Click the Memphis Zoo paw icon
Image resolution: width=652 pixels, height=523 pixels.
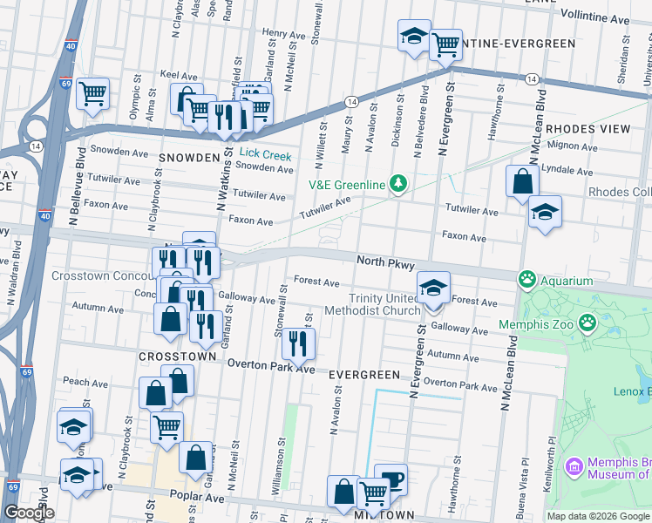[588, 324]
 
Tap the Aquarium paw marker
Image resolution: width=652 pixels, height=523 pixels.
[527, 281]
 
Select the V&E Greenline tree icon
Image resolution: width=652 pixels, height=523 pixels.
[398, 184]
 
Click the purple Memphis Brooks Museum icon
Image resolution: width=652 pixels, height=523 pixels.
[574, 466]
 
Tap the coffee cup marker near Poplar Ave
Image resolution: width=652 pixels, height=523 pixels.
[391, 479]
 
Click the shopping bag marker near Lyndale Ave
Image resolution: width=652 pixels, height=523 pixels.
[522, 182]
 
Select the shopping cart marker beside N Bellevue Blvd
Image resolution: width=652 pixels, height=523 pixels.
[92, 93]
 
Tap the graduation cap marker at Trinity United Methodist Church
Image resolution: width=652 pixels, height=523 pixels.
[433, 287]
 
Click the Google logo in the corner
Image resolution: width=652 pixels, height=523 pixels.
[28, 512]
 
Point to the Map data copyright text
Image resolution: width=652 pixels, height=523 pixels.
[598, 516]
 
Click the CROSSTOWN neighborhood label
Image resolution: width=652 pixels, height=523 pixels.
[177, 357]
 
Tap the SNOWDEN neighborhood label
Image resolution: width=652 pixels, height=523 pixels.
[188, 157]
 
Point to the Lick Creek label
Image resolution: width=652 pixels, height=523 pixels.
[265, 155]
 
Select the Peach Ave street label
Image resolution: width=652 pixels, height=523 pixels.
[85, 382]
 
